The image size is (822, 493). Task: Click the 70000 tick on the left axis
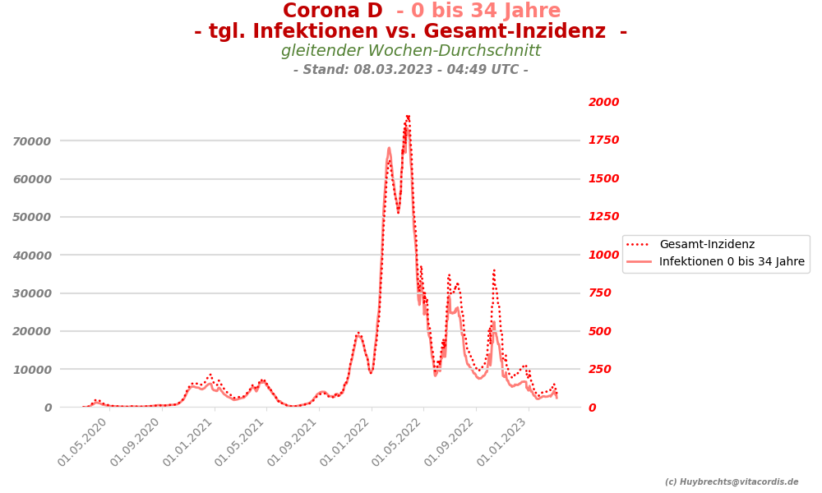pos(32,141)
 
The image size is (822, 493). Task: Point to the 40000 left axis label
pos(32,256)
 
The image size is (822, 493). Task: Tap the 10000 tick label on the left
pos(32,370)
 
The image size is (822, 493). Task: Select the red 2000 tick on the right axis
pos(603,103)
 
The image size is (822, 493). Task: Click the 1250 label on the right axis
pos(603,217)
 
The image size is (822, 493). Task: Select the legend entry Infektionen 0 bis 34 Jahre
pos(732,262)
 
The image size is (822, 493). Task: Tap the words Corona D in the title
pos(332,12)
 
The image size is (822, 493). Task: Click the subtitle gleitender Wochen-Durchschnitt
pos(411,51)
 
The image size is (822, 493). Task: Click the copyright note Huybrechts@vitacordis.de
pos(732,482)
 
